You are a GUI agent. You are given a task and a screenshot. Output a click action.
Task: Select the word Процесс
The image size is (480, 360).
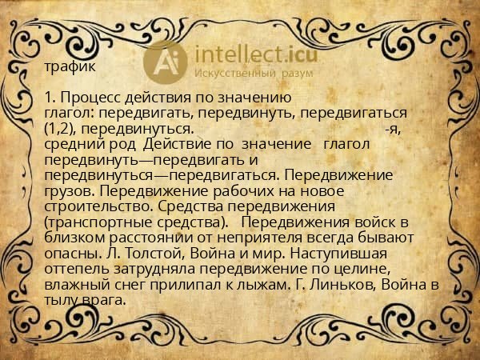coord(86,98)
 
